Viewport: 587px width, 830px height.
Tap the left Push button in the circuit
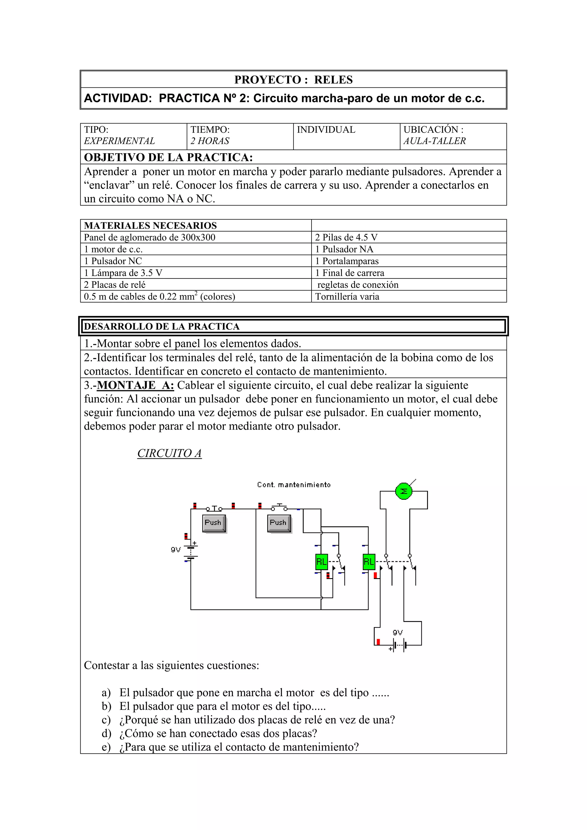pyautogui.click(x=214, y=523)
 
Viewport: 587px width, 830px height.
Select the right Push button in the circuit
pyautogui.click(x=279, y=523)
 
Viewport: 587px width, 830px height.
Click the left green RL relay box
pyautogui.click(x=322, y=562)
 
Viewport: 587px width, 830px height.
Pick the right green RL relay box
pyautogui.click(x=369, y=562)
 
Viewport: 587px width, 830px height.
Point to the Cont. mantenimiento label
pyautogui.click(x=294, y=485)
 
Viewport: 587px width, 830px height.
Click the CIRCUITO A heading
pyautogui.click(x=169, y=453)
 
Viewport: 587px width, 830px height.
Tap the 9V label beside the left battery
pyautogui.click(x=176, y=550)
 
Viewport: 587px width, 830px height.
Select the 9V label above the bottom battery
pyautogui.click(x=398, y=633)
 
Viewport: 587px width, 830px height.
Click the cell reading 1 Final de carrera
pyautogui.click(x=349, y=273)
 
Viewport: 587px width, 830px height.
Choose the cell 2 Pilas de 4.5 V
pyautogui.click(x=346, y=238)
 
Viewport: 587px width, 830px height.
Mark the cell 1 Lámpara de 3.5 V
pyautogui.click(x=123, y=273)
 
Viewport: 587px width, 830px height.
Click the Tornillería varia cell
pyautogui.click(x=347, y=297)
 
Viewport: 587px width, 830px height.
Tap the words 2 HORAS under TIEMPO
pyautogui.click(x=210, y=141)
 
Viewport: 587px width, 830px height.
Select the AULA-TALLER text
pyautogui.click(x=434, y=141)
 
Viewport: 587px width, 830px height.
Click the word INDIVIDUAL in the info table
pyautogui.click(x=326, y=130)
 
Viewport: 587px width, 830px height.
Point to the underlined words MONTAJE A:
pyautogui.click(x=135, y=385)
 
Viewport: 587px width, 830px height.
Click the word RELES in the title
pyautogui.click(x=333, y=80)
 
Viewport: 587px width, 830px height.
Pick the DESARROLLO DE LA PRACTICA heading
pyautogui.click(x=162, y=326)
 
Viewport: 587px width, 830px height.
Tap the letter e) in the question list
pyautogui.click(x=106, y=747)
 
